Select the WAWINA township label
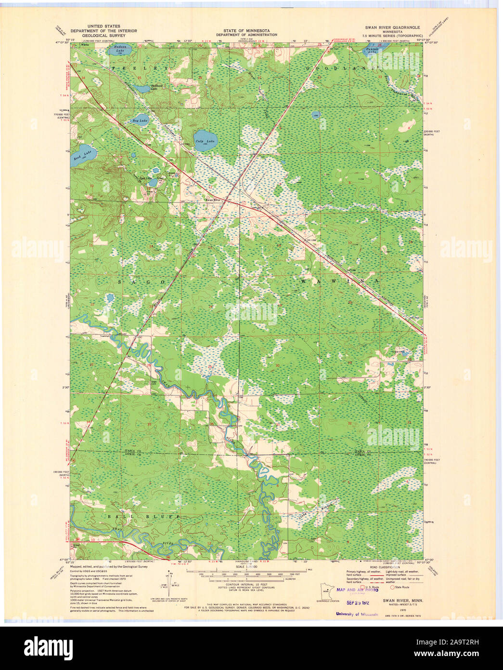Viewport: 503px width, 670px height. [x=339, y=281]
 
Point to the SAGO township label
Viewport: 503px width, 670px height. [x=140, y=281]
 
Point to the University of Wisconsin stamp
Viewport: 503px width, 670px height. [x=357, y=614]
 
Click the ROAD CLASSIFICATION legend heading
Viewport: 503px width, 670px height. [x=385, y=567]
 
